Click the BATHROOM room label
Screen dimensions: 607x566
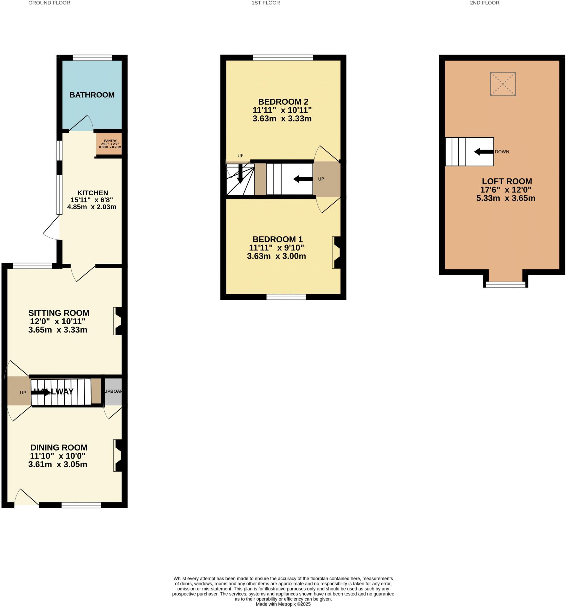click(92, 95)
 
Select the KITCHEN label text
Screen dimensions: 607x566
click(92, 193)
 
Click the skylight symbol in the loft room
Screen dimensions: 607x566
click(503, 84)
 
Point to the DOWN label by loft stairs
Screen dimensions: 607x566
click(502, 152)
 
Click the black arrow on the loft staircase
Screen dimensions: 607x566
click(484, 152)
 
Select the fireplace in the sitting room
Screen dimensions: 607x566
click(118, 321)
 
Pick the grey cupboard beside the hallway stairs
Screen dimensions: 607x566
click(113, 392)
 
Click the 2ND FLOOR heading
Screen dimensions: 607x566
click(485, 3)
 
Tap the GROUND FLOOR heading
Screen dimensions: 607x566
click(49, 3)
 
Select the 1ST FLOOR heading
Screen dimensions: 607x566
click(266, 3)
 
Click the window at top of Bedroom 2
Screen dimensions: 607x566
click(283, 57)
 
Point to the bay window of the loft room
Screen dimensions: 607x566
click(506, 285)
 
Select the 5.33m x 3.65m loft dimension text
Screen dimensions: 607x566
click(506, 199)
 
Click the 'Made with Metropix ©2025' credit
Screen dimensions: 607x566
click(283, 604)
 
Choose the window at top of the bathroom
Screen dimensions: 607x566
click(92, 57)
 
